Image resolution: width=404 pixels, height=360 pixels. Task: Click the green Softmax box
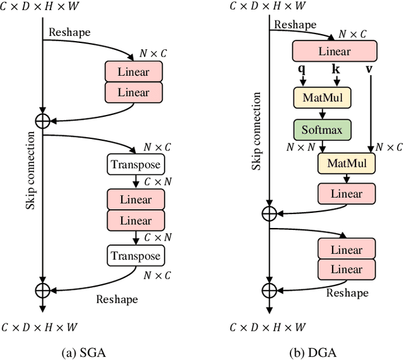point(322,129)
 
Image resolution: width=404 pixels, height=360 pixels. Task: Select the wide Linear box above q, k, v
point(334,51)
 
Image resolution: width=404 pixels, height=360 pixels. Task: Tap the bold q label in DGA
point(302,68)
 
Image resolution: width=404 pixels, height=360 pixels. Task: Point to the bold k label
point(335,68)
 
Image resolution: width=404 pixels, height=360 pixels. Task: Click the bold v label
point(369,68)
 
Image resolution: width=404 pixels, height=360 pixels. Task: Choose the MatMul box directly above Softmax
point(322,98)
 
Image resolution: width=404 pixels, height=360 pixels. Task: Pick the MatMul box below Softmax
point(346,163)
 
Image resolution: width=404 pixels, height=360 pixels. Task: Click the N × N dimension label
point(300,147)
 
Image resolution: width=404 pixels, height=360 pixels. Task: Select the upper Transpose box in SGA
point(136,165)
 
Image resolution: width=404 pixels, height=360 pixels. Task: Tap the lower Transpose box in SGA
point(136,256)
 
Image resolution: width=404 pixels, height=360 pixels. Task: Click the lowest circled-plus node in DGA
point(270,289)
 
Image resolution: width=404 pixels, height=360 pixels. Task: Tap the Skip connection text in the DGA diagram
point(256,131)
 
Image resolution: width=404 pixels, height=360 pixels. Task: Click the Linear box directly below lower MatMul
point(346,194)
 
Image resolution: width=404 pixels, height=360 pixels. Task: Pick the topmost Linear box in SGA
point(134,72)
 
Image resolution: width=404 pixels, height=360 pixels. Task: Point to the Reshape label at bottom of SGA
point(117,299)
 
